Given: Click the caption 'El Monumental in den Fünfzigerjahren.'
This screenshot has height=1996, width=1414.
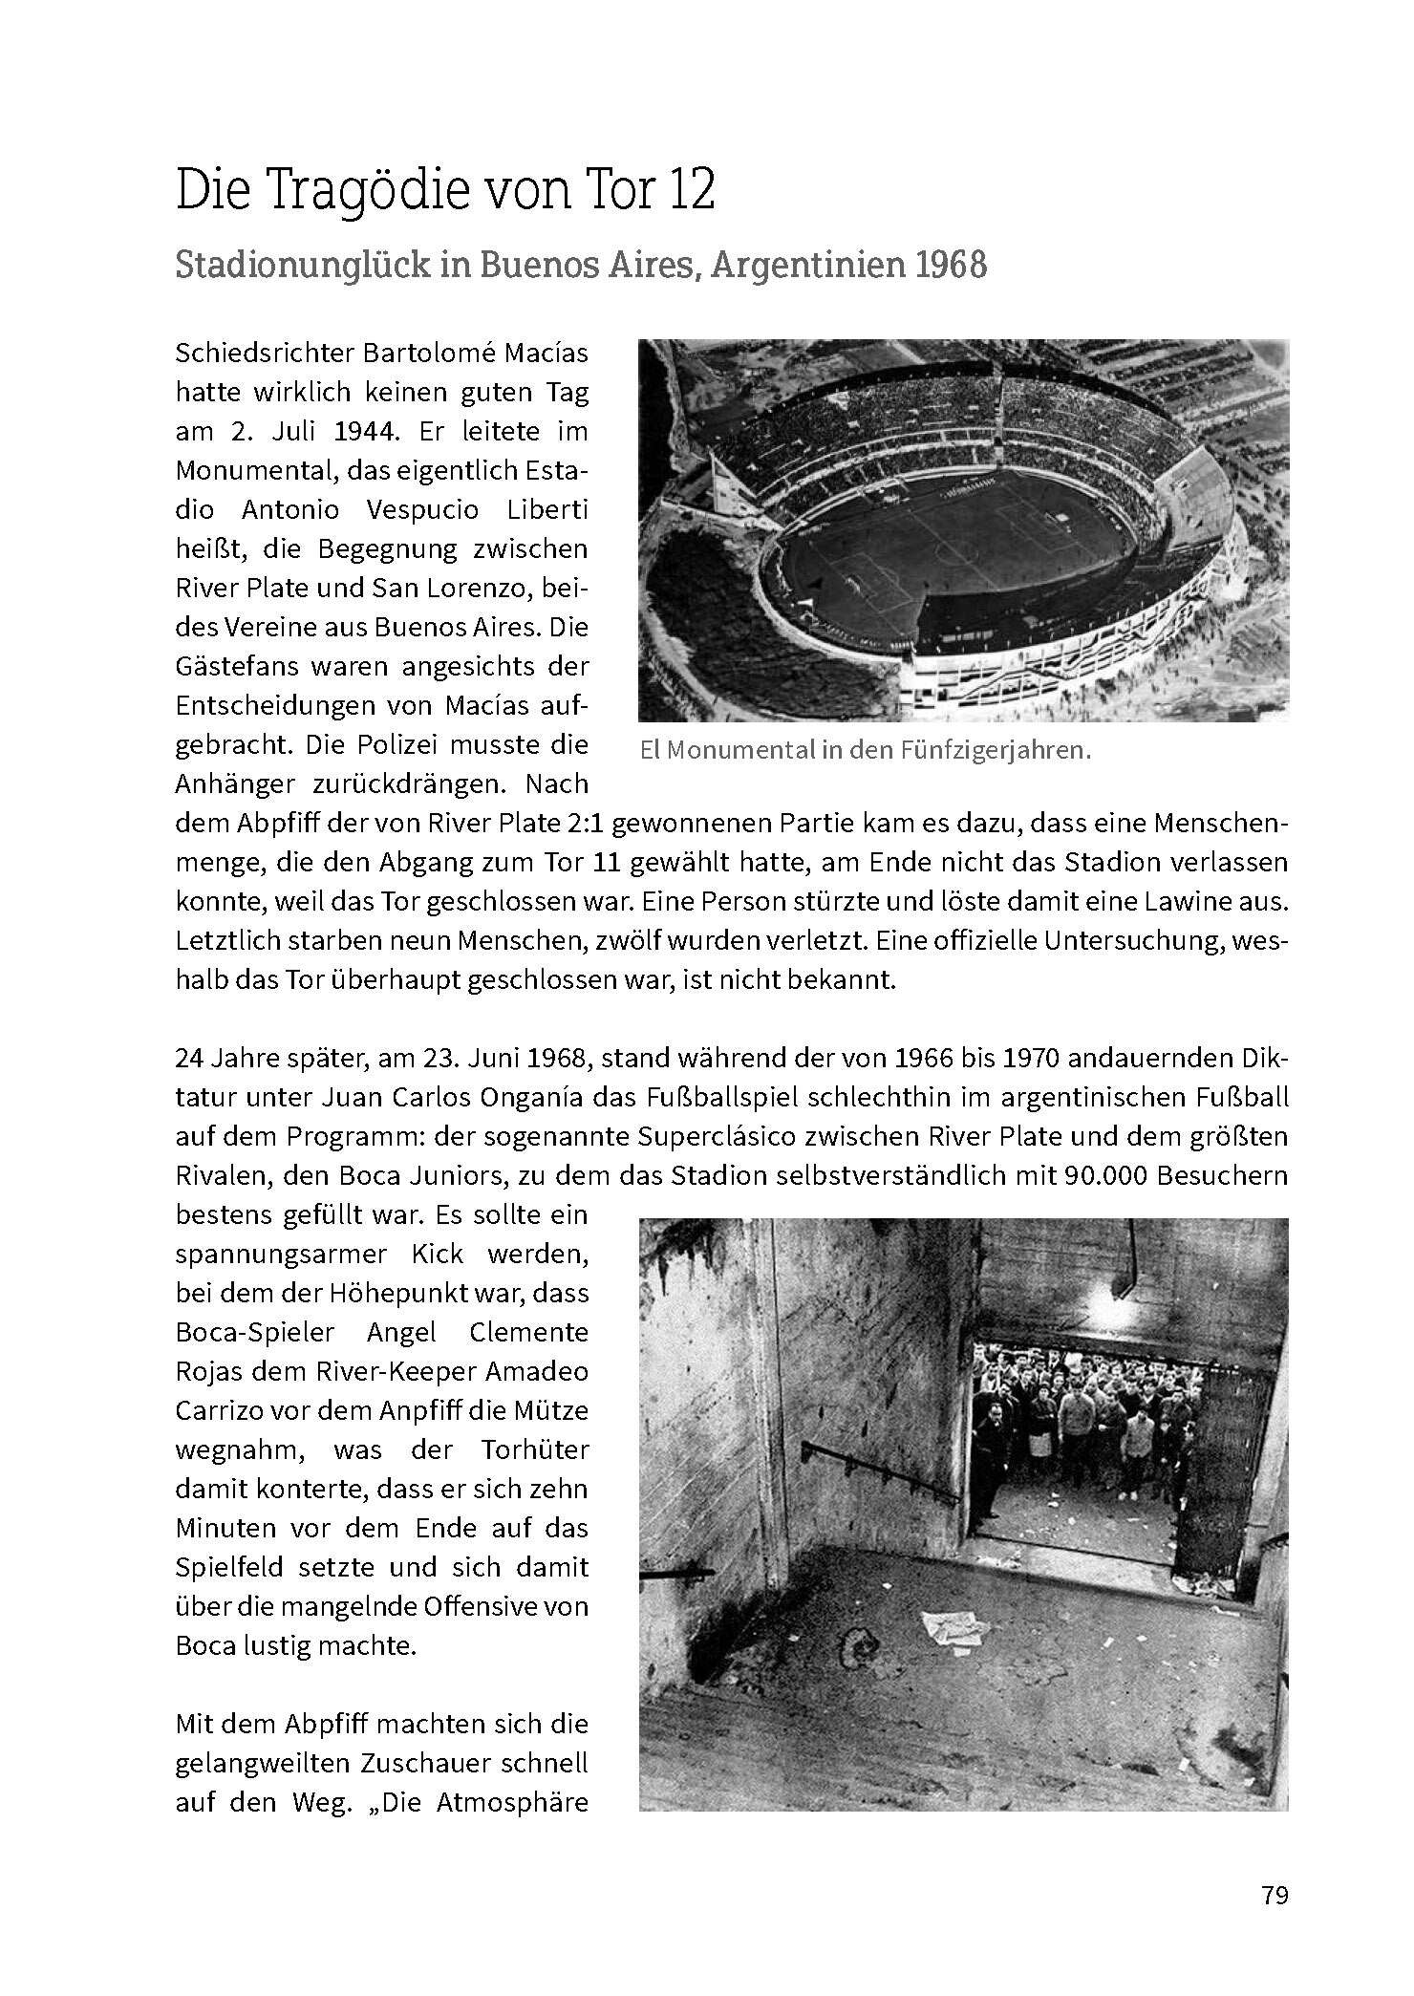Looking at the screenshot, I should [x=865, y=750].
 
